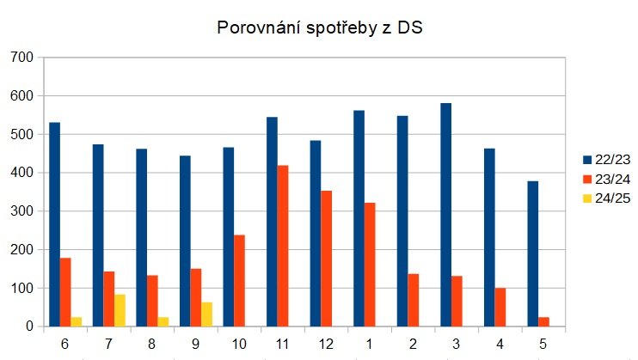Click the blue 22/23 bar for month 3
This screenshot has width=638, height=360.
445,215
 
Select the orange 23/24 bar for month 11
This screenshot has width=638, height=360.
283,246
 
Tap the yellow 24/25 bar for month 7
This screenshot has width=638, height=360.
120,310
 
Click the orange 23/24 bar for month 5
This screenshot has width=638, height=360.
543,322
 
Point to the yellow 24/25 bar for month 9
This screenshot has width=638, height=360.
206,314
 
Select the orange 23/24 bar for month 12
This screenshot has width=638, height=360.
326,259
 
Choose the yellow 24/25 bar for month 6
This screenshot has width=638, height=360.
77,322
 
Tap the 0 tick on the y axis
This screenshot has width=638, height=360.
28,326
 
